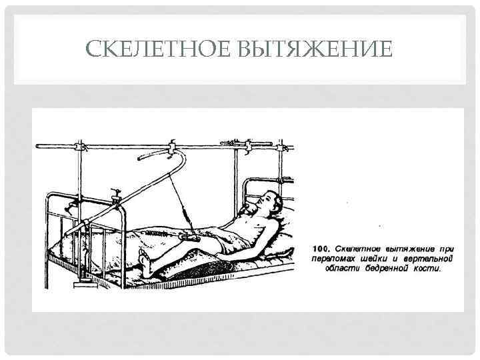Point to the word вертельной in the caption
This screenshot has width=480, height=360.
(424, 259)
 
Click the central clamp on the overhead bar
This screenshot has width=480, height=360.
(172, 144)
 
